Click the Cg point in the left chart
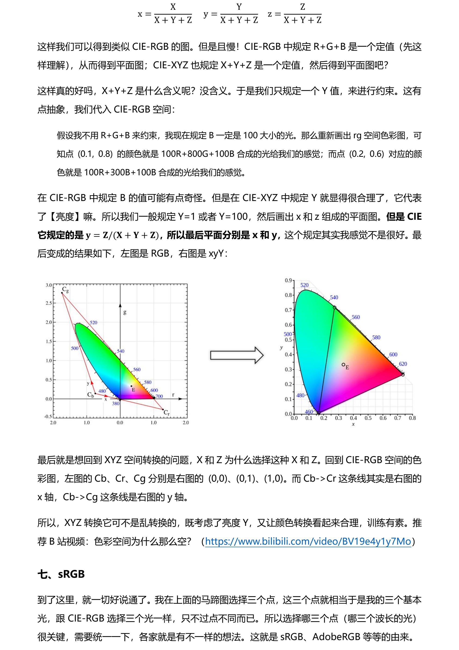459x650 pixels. (62, 293)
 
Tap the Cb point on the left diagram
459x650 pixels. (95, 393)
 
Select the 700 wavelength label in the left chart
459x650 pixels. (159, 396)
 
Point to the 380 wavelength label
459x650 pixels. (116, 403)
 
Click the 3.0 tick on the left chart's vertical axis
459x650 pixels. (49, 285)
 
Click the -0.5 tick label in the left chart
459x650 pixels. (48, 416)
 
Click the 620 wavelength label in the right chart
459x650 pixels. (403, 364)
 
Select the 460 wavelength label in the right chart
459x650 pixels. (309, 412)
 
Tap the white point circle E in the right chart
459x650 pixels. (343, 365)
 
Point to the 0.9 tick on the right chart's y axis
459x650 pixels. (288, 280)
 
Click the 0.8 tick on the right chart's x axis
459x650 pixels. (412, 418)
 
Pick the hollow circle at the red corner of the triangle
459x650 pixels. (403, 374)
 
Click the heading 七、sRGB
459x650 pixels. (61, 574)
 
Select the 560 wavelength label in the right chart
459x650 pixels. (356, 317)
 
